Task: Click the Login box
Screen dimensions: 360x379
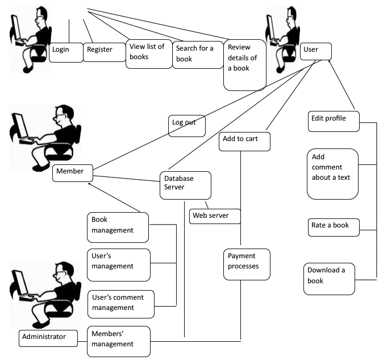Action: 66,51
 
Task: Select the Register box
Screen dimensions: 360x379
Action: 106,51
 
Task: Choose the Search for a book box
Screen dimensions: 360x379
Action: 198,55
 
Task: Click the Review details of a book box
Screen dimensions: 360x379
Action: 245,65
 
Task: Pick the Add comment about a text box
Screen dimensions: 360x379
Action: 332,173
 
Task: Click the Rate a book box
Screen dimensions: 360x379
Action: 334,226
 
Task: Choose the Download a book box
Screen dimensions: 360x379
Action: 329,278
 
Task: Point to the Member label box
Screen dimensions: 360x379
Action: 72,173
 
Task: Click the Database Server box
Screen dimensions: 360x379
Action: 185,185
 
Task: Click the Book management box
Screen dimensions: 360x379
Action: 118,226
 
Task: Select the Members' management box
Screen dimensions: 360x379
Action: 119,341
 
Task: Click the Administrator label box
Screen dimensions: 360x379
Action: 52,338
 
